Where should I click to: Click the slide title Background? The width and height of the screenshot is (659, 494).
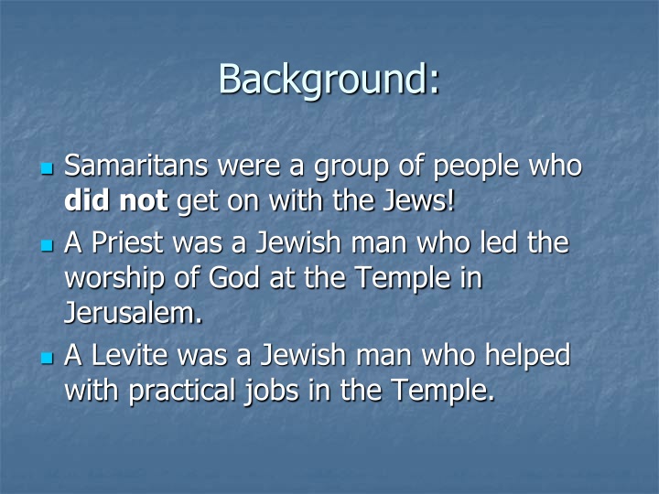coord(329,79)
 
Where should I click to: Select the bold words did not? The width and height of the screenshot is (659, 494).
coord(116,199)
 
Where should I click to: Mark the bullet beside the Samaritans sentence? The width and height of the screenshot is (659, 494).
coord(48,169)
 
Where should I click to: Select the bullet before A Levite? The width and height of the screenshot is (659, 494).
coord(48,357)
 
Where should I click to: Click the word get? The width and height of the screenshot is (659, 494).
coord(195,201)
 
